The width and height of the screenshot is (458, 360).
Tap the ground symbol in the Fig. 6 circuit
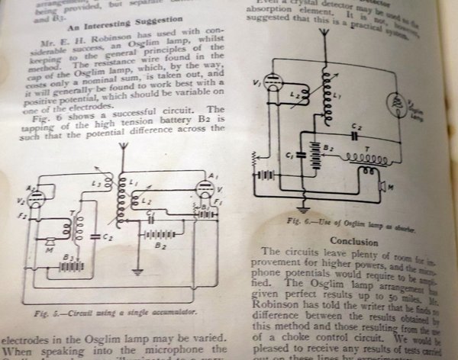[303, 206]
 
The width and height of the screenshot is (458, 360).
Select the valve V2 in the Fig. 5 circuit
[35, 199]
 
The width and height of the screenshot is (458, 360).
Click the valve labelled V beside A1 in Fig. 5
[204, 193]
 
